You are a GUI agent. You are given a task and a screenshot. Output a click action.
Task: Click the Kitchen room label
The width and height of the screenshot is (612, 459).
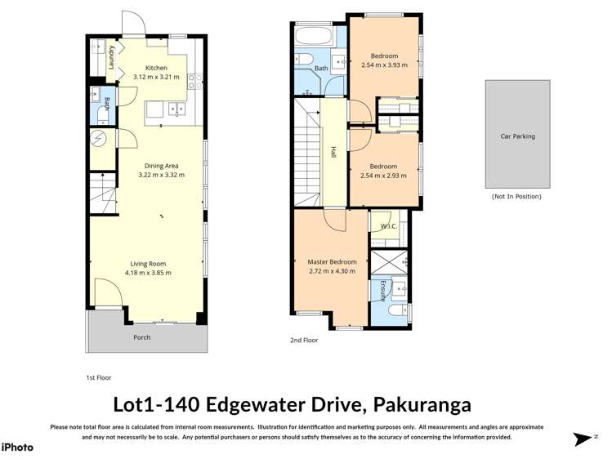coord(156,68)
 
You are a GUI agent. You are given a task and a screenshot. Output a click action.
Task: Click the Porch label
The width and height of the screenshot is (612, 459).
coord(142,336)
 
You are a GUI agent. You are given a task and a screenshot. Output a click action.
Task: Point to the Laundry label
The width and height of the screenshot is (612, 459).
coord(112,58)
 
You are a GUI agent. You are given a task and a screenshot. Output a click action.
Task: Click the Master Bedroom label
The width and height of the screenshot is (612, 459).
coord(332,262)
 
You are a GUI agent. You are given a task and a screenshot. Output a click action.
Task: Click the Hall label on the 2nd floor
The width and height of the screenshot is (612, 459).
coord(333,153)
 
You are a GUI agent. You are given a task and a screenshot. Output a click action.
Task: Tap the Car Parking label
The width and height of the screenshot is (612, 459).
coord(517,136)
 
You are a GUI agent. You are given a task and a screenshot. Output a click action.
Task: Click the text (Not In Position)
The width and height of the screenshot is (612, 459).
coord(516,197)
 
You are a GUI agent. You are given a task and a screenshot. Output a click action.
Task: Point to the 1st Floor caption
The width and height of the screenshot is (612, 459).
coord(98,378)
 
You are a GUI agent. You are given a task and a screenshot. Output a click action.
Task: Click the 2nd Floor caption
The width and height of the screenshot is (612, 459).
coord(304,341)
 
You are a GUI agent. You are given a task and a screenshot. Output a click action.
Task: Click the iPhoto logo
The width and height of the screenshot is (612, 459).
coord(17,447)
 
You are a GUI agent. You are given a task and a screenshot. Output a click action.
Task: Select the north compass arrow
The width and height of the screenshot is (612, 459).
coord(583,439)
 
